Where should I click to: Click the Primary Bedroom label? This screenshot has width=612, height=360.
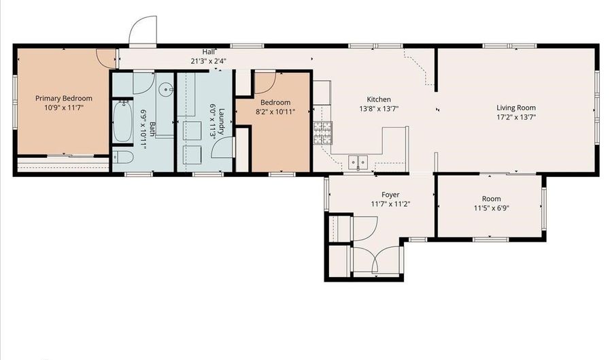[64, 99]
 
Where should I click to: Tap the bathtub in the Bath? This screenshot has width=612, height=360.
[122, 121]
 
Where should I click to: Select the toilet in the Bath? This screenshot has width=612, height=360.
[123, 157]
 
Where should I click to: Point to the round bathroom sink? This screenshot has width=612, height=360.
[167, 89]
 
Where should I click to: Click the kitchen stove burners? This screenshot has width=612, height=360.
[323, 133]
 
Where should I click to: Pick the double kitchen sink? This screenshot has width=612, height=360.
[358, 161]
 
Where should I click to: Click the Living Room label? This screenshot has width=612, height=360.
[516, 108]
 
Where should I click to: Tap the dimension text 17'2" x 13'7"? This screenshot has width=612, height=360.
[516, 117]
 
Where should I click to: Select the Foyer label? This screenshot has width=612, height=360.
[390, 195]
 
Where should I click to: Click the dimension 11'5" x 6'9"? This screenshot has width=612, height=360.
[492, 208]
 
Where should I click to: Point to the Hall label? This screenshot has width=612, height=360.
[209, 52]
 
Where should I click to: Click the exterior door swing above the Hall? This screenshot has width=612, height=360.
[143, 30]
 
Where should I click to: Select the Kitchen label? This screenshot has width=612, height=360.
[379, 99]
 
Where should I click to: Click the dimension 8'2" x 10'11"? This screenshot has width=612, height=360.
[275, 112]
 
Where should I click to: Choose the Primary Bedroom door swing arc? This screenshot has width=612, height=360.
[106, 58]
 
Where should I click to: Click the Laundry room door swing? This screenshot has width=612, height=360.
[223, 148]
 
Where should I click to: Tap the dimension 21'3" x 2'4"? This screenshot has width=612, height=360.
[209, 61]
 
